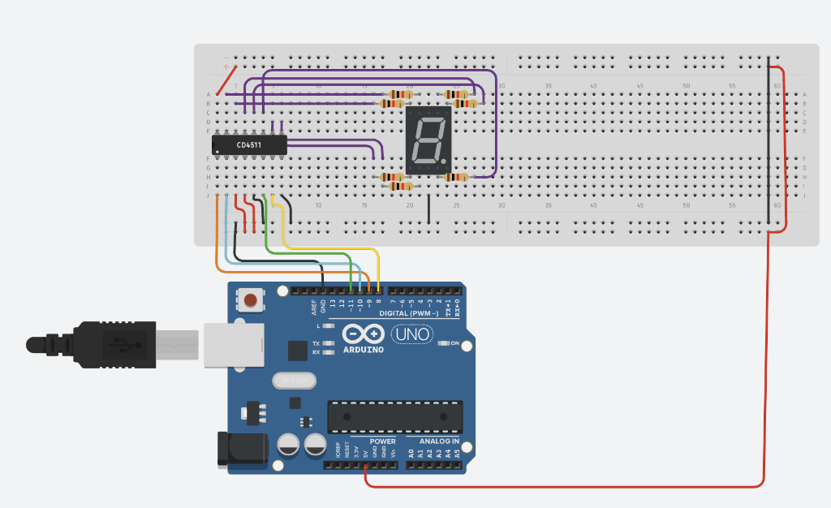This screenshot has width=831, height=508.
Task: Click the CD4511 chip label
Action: [x=249, y=145]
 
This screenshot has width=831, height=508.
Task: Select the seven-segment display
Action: [x=428, y=140]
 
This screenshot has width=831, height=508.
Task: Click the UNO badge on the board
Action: [x=412, y=334]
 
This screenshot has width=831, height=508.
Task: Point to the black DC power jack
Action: [x=241, y=449]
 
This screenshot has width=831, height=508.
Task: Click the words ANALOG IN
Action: [x=438, y=441]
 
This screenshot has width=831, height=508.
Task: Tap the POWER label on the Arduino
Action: [x=382, y=441]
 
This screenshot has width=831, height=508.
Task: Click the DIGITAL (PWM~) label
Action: [x=408, y=314]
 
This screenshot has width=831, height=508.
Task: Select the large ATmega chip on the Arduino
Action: [x=395, y=415]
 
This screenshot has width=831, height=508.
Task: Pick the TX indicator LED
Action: [x=328, y=343]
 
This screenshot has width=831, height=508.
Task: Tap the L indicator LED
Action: [x=328, y=326]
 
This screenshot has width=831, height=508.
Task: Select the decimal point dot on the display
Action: [x=446, y=160]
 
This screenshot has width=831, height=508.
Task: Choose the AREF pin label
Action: [x=314, y=308]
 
